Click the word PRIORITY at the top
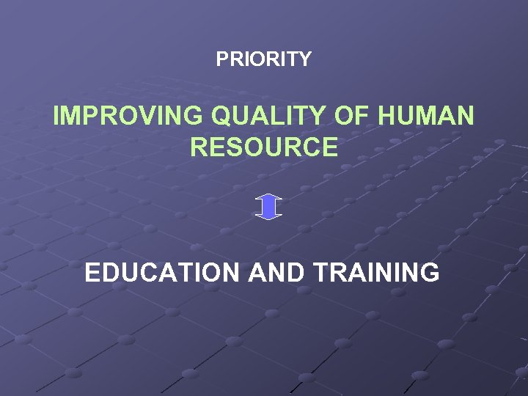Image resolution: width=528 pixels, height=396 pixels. point(263,59)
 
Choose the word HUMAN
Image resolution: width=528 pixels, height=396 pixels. point(428,116)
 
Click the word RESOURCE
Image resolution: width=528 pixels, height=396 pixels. point(264,147)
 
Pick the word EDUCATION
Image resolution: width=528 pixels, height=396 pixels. point(161,273)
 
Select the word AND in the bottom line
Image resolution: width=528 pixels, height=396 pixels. point(276,273)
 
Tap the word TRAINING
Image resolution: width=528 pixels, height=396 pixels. point(376,273)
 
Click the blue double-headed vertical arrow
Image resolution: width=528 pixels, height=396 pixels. point(269,206)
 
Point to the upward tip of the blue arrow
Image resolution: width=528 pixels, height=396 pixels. point(269,195)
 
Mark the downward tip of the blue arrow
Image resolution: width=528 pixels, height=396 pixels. point(269,218)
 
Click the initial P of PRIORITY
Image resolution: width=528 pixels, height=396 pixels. point(221,59)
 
